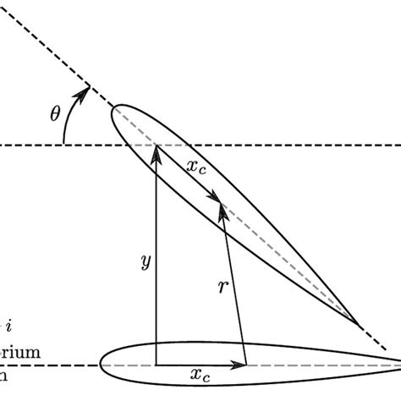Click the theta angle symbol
[x=55, y=113]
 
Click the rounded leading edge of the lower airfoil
[x=102, y=365]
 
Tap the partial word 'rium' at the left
[x=17, y=349]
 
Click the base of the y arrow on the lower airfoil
[x=157, y=365]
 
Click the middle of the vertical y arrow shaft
[x=157, y=258]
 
